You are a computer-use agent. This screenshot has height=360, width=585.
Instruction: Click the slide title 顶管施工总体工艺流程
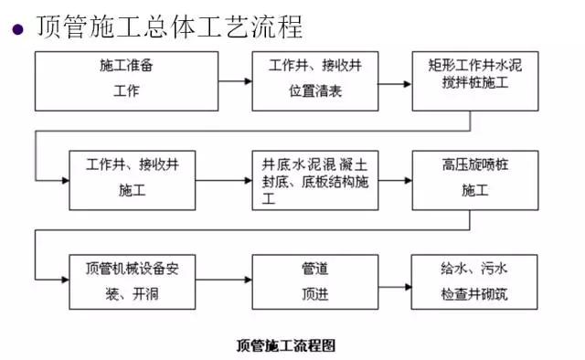pos(169,26)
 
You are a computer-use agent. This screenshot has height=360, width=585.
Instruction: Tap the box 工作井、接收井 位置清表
pos(315,81)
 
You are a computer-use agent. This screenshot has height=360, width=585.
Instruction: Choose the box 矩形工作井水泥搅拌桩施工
pos(474,81)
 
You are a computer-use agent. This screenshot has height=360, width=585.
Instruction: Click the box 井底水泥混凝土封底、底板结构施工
pos(315,180)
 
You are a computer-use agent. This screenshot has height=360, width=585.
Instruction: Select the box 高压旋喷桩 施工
pos(474,180)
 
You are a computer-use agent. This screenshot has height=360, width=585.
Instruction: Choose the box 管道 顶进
pos(315,282)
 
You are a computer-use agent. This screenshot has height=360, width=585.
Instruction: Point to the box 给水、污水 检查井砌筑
pos(474,282)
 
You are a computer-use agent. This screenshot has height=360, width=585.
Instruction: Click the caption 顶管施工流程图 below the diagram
pos(286,345)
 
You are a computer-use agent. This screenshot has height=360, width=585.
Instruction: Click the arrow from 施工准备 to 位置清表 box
pos(235,81)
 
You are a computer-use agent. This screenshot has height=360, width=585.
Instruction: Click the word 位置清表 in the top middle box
pos(315,92)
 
